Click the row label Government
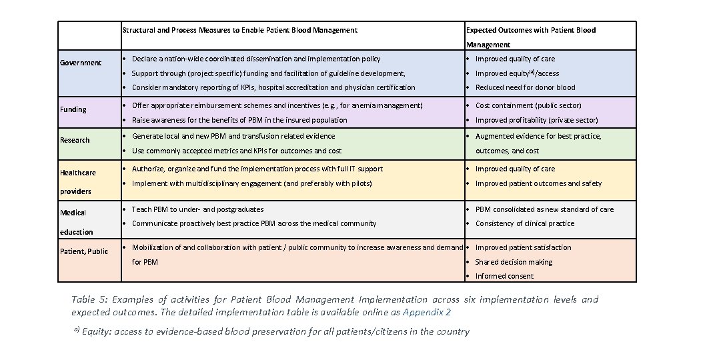click(x=81, y=63)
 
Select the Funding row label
click(x=73, y=109)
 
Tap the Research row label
click(x=75, y=140)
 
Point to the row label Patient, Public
click(x=84, y=251)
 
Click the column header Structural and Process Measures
click(x=239, y=30)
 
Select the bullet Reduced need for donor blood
click(x=525, y=87)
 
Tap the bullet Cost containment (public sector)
click(x=528, y=105)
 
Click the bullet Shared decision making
click(x=514, y=262)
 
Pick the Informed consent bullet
click(x=504, y=276)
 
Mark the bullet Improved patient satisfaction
click(x=523, y=247)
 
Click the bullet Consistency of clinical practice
click(x=524, y=223)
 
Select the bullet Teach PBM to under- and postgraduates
click(x=197, y=209)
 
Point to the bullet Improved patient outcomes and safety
click(x=538, y=183)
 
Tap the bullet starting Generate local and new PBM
click(x=233, y=136)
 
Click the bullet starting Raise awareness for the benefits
click(x=239, y=120)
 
